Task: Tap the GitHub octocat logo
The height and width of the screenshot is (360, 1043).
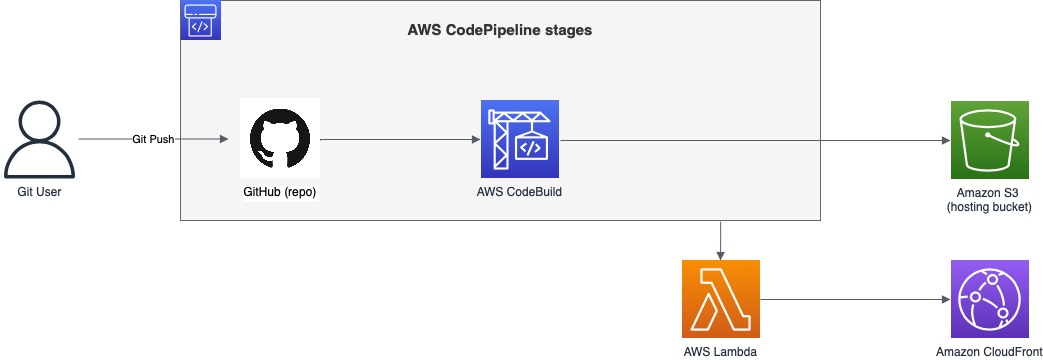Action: tap(280, 138)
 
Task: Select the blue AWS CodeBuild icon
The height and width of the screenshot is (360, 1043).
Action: tap(520, 138)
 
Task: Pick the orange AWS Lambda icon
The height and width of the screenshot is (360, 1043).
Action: tap(721, 299)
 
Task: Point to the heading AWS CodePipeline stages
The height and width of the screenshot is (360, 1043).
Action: tap(500, 30)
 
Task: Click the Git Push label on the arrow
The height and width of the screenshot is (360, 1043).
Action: tap(154, 139)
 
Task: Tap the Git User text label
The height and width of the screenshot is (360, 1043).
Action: tap(40, 191)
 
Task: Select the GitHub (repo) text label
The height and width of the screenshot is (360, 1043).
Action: tap(280, 191)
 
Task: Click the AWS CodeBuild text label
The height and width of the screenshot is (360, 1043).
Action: tap(520, 191)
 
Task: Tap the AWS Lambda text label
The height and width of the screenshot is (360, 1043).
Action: tap(721, 351)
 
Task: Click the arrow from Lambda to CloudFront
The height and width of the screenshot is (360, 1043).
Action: tap(855, 299)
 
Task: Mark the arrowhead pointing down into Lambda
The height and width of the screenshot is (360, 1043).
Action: tap(721, 254)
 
